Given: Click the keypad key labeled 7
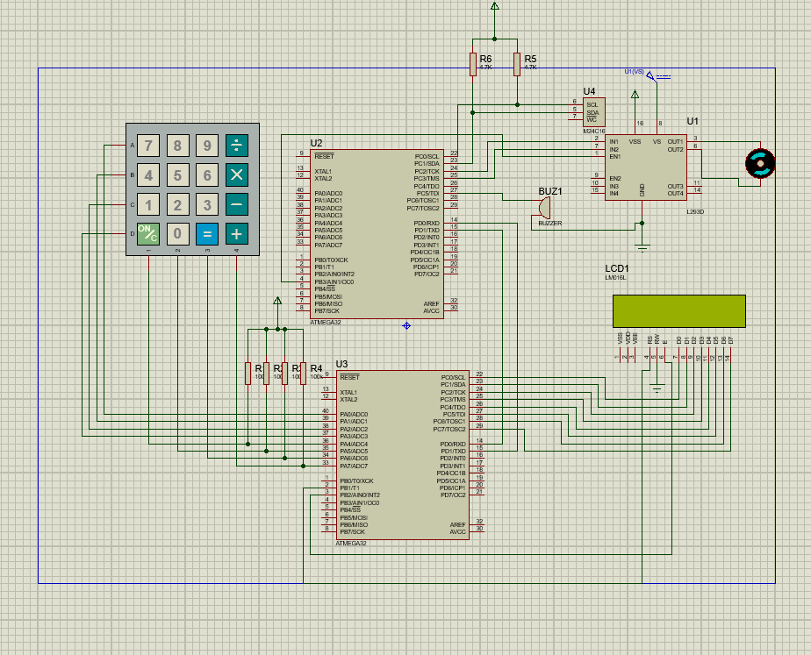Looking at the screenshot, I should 148,146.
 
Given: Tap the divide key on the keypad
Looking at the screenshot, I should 236,146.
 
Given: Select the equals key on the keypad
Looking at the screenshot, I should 206,233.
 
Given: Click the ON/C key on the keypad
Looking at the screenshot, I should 148,233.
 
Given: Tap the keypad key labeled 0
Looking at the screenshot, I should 177,233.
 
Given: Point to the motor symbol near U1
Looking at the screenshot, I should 758,162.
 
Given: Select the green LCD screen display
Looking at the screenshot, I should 678,310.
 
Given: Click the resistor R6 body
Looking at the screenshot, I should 473,64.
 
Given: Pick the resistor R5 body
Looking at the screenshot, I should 518,64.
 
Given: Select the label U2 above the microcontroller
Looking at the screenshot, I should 316,143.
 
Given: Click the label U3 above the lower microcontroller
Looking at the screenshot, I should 341,364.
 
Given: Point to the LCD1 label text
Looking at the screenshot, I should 617,268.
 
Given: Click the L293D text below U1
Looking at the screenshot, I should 697,211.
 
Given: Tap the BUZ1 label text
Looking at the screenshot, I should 550,190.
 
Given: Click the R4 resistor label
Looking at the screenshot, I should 316,368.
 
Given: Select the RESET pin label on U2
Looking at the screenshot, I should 325,156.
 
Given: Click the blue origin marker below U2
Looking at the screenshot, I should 406,325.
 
